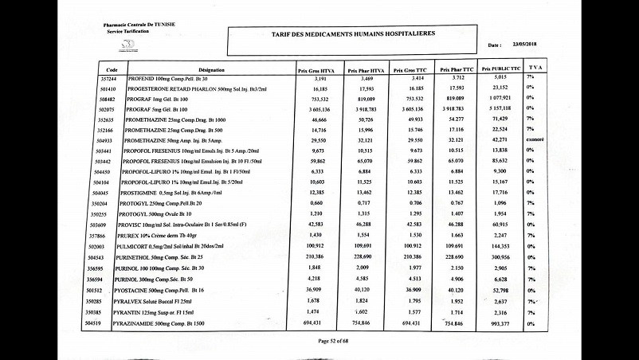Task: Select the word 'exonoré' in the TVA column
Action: point(535,139)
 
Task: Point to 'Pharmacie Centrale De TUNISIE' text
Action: point(140,26)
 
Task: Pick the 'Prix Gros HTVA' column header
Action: point(315,70)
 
